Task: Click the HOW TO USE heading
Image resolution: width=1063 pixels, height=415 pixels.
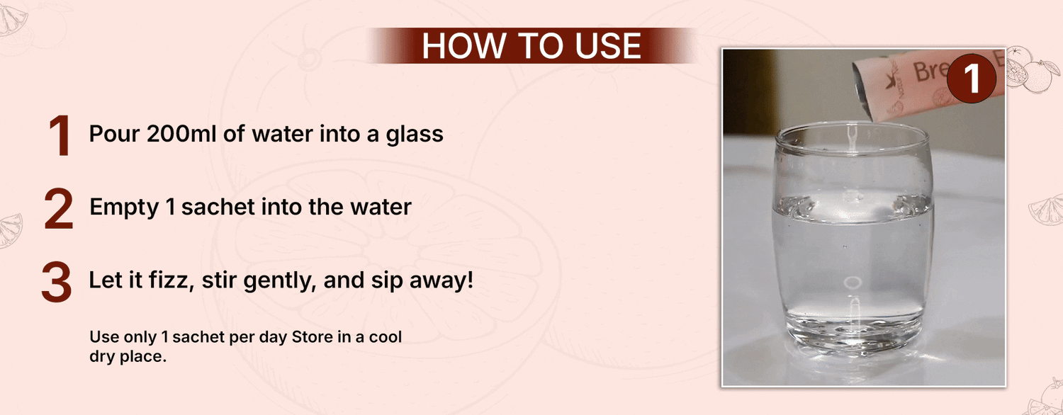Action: tap(531, 45)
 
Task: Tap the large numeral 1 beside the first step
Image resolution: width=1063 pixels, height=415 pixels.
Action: tap(60, 136)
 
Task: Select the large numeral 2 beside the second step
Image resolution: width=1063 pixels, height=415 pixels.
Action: tap(59, 209)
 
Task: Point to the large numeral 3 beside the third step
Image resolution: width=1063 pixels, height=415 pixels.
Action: tap(57, 282)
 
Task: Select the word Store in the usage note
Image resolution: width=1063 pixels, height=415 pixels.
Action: tap(312, 336)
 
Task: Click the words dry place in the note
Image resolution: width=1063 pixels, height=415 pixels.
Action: tap(128, 356)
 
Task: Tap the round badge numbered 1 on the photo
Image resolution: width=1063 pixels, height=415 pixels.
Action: tap(971, 79)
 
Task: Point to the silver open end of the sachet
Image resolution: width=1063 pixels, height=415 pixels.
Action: tap(862, 91)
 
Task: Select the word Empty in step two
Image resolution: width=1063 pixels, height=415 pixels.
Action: tap(124, 207)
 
